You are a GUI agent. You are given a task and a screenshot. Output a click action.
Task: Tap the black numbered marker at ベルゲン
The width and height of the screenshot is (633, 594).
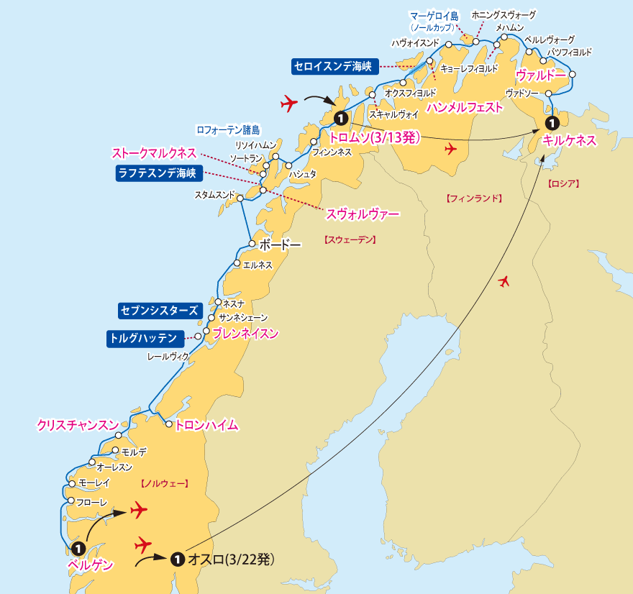78,548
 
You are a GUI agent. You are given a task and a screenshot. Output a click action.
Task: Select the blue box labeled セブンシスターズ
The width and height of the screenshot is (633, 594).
158,311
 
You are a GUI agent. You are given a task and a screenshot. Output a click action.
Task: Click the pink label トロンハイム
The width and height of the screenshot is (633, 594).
206,425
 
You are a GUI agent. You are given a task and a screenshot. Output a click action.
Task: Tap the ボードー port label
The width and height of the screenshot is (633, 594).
280,245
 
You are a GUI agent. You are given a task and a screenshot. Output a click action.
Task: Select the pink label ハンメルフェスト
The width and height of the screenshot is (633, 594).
464,107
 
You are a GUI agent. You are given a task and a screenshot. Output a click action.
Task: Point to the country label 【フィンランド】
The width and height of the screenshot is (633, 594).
473,198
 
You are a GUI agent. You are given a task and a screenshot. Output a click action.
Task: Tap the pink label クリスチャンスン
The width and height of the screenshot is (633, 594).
78,425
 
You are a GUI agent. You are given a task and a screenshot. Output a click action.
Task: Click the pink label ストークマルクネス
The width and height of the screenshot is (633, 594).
153,153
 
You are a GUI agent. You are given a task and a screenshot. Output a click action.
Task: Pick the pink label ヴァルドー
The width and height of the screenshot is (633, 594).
540,75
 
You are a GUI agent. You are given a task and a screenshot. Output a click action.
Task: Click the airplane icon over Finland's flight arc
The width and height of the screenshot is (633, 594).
504,280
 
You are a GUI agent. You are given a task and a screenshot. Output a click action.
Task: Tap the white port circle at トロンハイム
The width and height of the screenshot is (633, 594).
169,425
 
